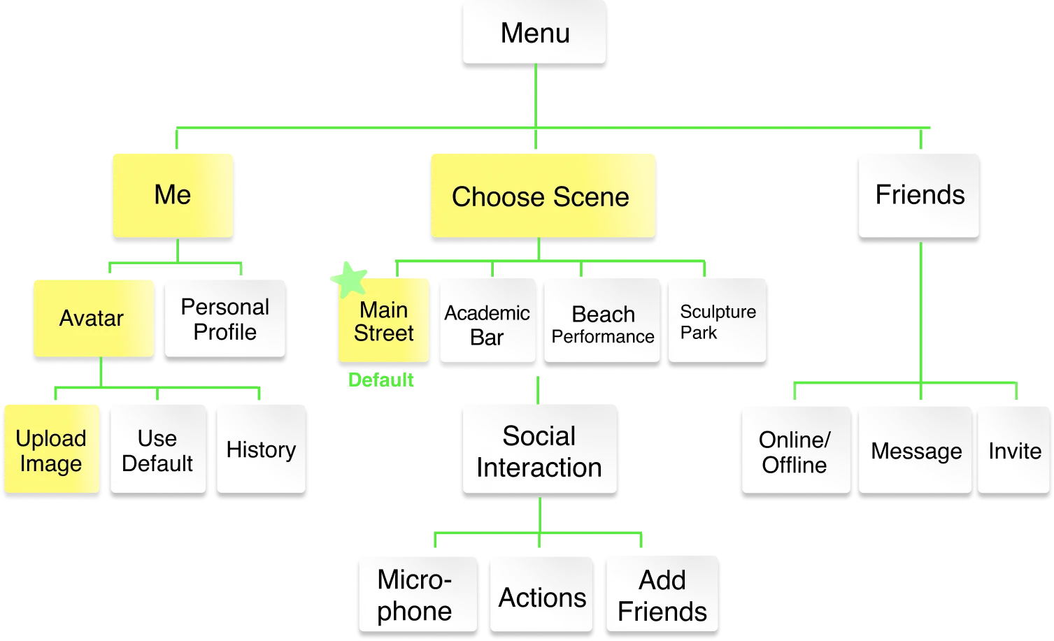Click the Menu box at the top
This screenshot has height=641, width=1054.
pyautogui.click(x=534, y=33)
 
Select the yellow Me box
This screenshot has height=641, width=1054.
pyautogui.click(x=173, y=195)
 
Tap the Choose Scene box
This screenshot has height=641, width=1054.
pyautogui.click(x=541, y=196)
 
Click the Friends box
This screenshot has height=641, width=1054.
pyautogui.click(x=919, y=195)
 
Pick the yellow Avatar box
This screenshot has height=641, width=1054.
pyautogui.click(x=92, y=319)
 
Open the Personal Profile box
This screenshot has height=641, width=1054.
pyautogui.click(x=225, y=319)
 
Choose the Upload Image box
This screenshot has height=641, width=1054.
pyautogui.click(x=51, y=450)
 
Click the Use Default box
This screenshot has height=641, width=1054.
pyautogui.click(x=157, y=450)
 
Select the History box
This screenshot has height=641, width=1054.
pyautogui.click(x=261, y=449)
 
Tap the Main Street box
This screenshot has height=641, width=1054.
pyautogui.click(x=383, y=322)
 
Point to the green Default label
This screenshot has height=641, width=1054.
pyautogui.click(x=380, y=381)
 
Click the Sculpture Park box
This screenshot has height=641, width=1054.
pyautogui.click(x=718, y=322)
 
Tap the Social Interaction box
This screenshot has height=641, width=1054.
pyautogui.click(x=539, y=451)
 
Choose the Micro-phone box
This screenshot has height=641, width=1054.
pyautogui.click(x=415, y=595)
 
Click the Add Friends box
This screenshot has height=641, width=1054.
pyautogui.click(x=662, y=595)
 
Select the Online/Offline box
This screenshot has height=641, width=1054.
pyautogui.click(x=795, y=452)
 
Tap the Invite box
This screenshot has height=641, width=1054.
pyautogui.click(x=1014, y=451)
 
